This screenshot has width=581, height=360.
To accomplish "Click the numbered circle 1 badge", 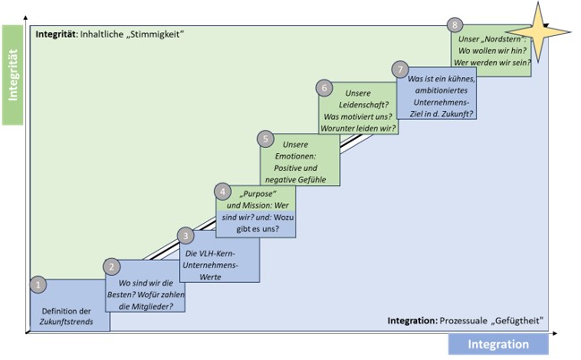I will [x=37, y=284].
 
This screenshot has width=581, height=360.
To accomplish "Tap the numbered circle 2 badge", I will [x=112, y=265].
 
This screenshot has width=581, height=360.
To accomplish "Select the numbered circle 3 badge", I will [x=185, y=236].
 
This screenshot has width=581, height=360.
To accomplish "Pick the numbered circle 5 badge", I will [x=265, y=138].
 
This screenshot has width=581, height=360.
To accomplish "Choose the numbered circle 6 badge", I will [x=324, y=87].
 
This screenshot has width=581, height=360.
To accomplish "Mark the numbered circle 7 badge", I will [x=400, y=68].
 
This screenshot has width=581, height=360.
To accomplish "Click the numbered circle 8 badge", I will [x=457, y=25].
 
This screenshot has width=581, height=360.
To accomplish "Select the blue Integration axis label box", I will [x=498, y=344].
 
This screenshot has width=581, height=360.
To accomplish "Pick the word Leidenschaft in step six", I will [x=358, y=104].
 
